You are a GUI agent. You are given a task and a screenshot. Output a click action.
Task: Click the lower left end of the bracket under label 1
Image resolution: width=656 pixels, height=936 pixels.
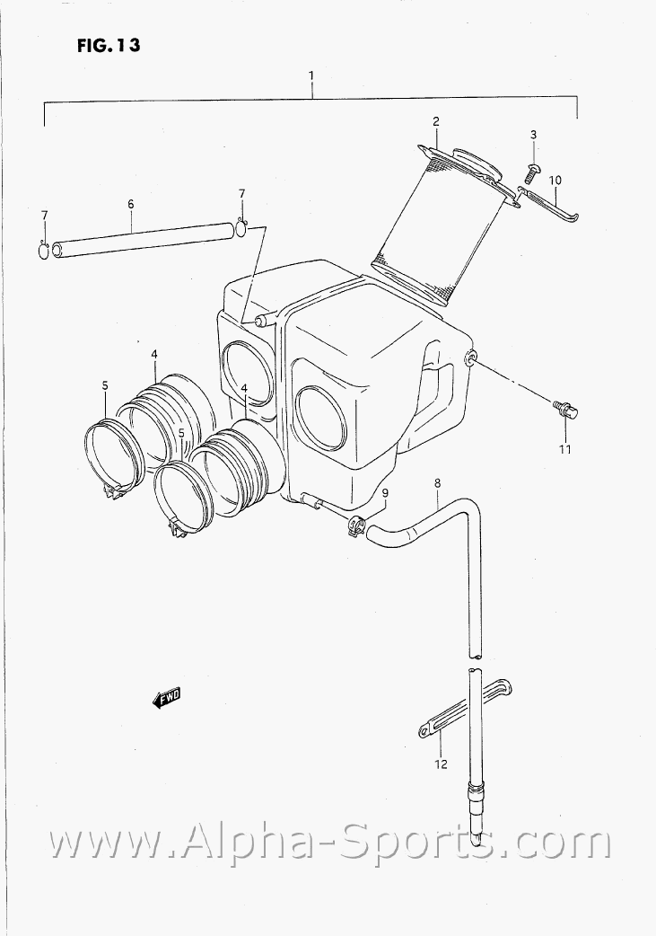click(45, 126)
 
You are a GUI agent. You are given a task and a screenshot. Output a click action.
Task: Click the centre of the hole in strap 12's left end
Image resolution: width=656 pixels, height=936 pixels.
click(425, 728)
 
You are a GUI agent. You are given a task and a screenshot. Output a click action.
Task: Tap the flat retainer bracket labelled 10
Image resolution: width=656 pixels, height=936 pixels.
click(547, 203)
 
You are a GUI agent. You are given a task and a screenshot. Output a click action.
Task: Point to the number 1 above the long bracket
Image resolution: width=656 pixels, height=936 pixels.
click(311, 75)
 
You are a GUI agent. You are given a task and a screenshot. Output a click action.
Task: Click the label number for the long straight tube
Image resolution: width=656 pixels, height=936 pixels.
click(131, 204)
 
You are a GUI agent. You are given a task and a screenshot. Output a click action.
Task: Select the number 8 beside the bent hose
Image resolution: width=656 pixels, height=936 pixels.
click(437, 482)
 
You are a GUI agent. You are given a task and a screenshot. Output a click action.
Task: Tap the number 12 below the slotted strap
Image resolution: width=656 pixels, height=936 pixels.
click(441, 764)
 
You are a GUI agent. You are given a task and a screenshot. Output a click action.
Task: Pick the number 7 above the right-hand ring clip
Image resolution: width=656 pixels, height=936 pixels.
click(241, 193)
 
